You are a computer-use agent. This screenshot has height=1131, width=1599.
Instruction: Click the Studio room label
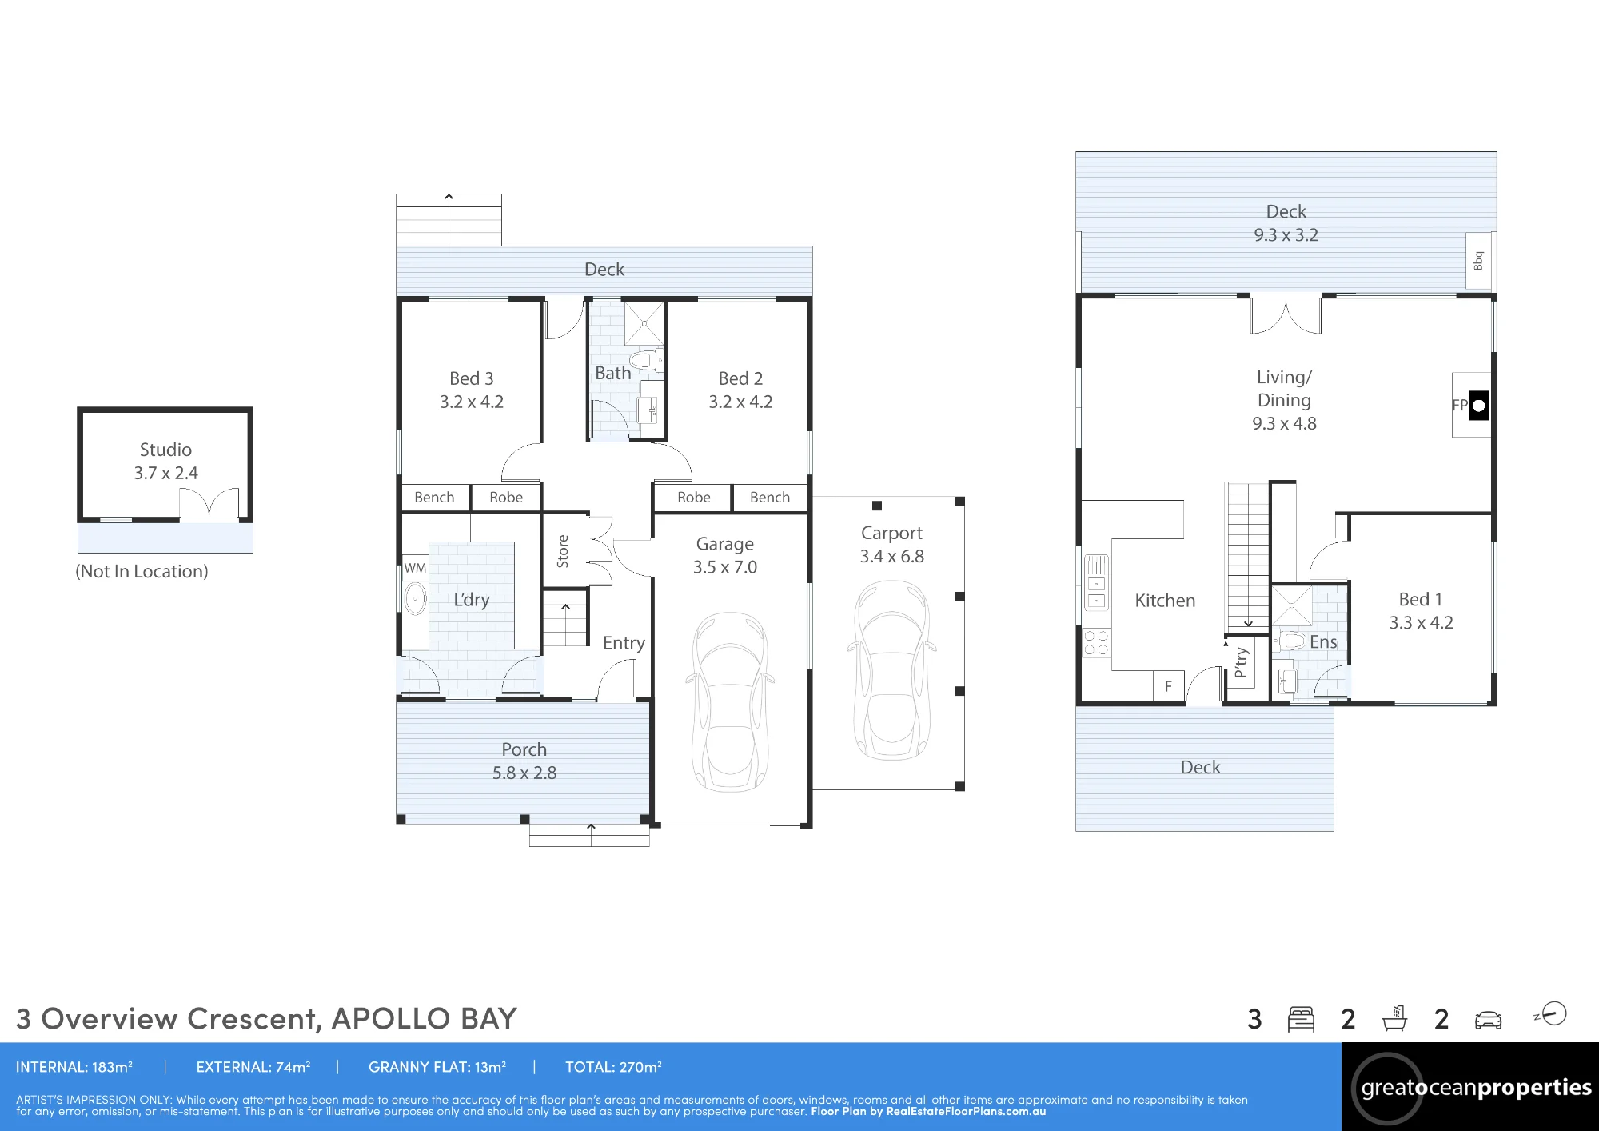point(165,450)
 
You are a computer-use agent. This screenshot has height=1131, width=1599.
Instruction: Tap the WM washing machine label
point(415,568)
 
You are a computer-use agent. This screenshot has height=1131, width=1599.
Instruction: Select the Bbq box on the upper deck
point(1478,262)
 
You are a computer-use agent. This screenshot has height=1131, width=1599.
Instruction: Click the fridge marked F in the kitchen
point(1168,686)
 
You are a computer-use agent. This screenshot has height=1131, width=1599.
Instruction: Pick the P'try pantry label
point(1240,662)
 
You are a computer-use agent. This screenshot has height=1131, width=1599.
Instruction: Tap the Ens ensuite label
point(1323,641)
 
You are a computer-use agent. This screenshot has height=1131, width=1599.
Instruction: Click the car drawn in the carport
point(891,670)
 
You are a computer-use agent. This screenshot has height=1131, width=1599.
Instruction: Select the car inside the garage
point(730,701)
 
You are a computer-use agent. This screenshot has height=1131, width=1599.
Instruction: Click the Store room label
point(563,551)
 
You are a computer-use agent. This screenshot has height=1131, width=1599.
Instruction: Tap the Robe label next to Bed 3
point(506,498)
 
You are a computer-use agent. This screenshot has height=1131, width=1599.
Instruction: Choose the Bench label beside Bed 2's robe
point(770,498)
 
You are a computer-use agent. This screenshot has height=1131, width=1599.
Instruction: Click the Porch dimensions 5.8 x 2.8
point(524,773)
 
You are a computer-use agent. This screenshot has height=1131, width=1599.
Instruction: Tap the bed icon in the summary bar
point(1301,1019)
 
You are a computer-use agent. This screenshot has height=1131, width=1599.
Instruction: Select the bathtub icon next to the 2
point(1394,1018)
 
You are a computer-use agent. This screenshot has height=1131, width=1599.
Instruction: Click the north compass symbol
point(1551,1014)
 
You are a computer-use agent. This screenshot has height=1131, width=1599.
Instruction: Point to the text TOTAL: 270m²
point(613,1067)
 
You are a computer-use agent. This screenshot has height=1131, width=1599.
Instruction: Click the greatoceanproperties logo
point(1470,1087)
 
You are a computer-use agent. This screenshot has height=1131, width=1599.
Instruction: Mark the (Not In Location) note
point(142,572)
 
